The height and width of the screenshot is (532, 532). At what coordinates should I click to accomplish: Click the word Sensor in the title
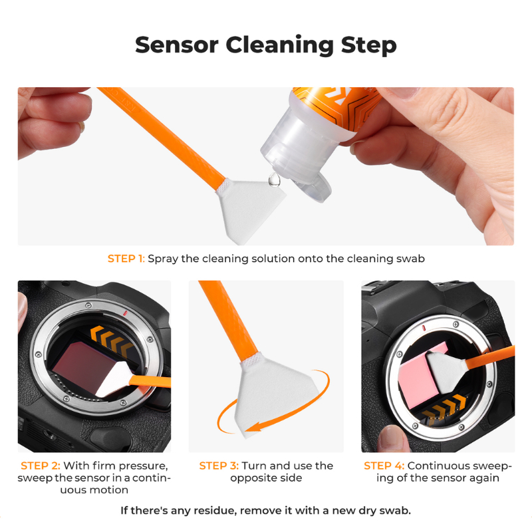click(x=176, y=45)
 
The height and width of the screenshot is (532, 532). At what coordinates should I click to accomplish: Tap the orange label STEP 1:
click(x=126, y=259)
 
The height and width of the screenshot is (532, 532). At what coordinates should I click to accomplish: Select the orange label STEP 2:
click(x=41, y=465)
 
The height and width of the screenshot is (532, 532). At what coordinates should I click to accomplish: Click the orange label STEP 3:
click(x=219, y=465)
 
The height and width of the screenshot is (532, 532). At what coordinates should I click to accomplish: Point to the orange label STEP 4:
click(x=384, y=465)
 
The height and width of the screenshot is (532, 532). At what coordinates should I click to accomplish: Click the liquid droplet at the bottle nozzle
click(x=274, y=180)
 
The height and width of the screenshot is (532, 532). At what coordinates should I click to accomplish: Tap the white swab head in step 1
click(x=249, y=209)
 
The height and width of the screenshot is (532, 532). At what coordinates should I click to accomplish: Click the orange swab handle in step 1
click(x=161, y=136)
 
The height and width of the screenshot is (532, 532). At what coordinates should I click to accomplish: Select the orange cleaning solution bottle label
click(x=336, y=105)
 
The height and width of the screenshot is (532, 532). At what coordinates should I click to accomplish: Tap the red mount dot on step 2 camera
click(x=125, y=313)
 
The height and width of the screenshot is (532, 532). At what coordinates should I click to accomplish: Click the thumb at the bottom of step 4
click(x=394, y=440)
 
